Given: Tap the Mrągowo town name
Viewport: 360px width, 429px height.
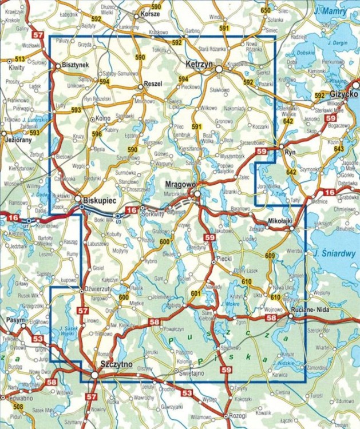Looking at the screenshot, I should (180, 184).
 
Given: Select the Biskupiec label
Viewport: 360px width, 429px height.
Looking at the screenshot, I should (100, 201).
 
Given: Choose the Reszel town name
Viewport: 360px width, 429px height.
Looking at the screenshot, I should (153, 84).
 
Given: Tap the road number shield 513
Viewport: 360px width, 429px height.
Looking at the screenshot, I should (20, 59).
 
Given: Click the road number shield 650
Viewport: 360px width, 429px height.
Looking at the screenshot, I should (265, 11).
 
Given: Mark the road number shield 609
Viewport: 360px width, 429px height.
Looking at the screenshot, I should (270, 256).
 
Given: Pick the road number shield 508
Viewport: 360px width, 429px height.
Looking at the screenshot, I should (19, 407).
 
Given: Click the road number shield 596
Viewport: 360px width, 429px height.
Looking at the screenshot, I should (97, 134).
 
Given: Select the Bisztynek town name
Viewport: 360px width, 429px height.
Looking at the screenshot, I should (76, 65).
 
